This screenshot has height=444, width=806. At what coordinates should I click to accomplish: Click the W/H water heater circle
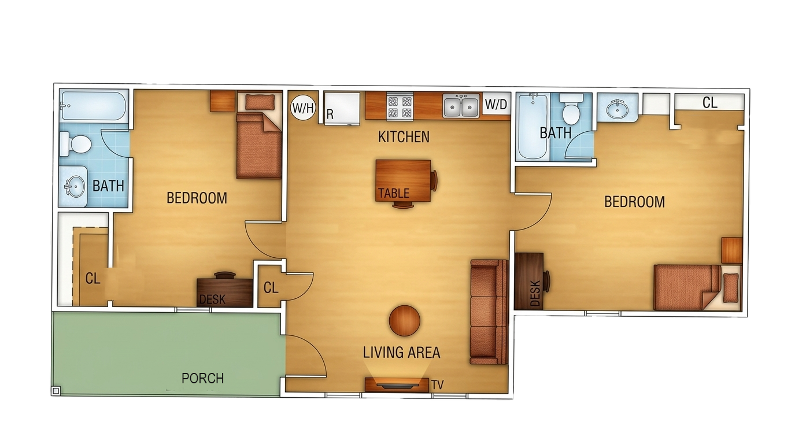303,107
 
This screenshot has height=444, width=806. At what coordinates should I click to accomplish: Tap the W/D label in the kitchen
496,104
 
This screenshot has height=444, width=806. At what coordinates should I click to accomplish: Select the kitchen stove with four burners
400,106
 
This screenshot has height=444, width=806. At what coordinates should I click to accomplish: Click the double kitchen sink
461,105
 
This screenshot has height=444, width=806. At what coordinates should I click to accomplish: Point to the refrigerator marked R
342,109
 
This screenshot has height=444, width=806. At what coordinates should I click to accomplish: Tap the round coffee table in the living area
404,321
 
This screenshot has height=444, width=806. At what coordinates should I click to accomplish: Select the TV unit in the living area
397,384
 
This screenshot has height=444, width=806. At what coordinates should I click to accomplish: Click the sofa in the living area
489,312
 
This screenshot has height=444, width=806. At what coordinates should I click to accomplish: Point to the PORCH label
202,378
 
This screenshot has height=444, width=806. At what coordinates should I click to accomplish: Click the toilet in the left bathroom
75,144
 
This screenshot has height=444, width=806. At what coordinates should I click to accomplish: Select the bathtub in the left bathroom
94,105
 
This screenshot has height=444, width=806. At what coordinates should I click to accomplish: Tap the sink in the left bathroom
75,187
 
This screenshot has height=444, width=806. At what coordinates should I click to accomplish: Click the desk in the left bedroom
224,292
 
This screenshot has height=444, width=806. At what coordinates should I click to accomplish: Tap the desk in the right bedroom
528,280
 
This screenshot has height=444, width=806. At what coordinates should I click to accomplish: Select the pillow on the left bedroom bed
260,102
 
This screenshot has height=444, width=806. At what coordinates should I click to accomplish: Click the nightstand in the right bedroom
732,250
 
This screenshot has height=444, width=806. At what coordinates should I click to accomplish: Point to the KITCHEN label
404,136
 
